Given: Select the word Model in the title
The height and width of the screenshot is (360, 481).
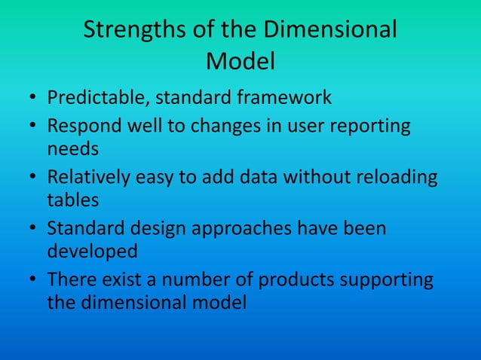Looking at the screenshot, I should [x=240, y=62].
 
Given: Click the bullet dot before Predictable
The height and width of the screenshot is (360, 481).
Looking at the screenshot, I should [x=35, y=99].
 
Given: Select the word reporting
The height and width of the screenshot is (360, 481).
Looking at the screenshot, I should [x=372, y=125].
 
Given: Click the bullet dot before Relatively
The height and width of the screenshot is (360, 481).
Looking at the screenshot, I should [x=35, y=178].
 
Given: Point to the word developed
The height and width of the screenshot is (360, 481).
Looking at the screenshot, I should [x=92, y=250].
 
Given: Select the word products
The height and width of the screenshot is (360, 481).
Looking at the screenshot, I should [x=299, y=280].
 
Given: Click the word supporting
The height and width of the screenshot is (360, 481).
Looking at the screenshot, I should [x=389, y=280].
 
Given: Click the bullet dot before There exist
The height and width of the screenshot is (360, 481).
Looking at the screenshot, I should [x=35, y=281].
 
